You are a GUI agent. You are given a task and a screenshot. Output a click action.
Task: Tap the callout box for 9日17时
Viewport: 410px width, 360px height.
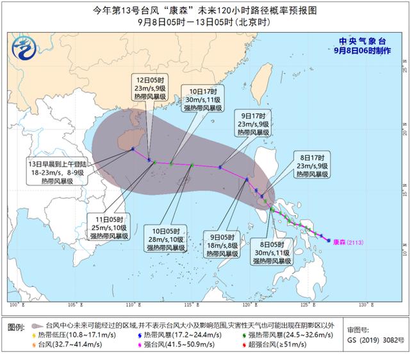tap(250, 123)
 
